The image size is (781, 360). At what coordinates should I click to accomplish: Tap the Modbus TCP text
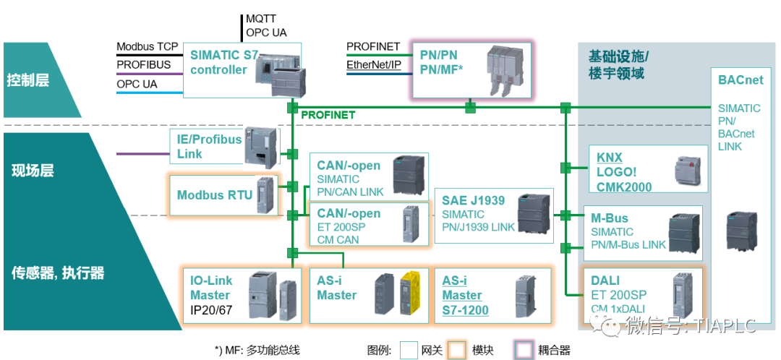pyautogui.click(x=148, y=48)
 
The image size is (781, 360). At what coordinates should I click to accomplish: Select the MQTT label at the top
pyautogui.click(x=261, y=19)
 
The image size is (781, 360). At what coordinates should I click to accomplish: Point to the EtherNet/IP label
pyautogui.click(x=373, y=65)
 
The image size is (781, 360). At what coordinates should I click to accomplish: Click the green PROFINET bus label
pyautogui.click(x=328, y=115)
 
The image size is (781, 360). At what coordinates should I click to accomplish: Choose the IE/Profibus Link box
pyautogui.click(x=210, y=146)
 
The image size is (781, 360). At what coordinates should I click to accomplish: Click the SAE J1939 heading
pyautogui.click(x=474, y=200)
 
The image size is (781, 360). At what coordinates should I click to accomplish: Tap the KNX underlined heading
pyautogui.click(x=610, y=158)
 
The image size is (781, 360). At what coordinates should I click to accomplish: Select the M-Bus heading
pyautogui.click(x=610, y=218)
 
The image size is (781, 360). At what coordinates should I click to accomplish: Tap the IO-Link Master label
pyautogui.click(x=210, y=288)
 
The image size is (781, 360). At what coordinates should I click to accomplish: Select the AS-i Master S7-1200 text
pyautogui.click(x=465, y=296)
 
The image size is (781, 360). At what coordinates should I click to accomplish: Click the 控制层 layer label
pyautogui.click(x=28, y=80)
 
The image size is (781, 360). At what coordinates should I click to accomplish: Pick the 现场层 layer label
pyautogui.click(x=33, y=171)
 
